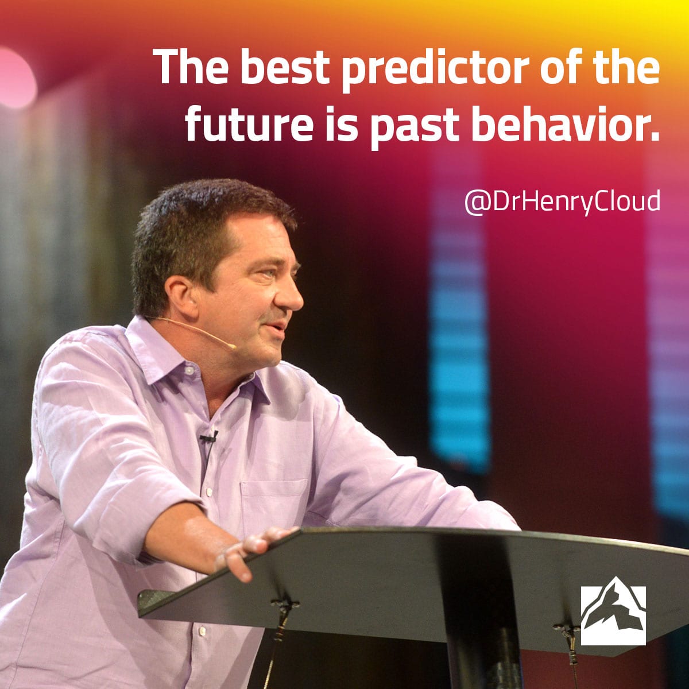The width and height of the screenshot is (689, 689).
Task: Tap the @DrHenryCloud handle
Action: [x=562, y=202]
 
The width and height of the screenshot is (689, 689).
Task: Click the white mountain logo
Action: [x=613, y=616]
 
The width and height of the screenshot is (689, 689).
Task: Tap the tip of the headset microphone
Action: [x=233, y=346]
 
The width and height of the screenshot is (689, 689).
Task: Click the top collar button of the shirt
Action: [x=189, y=370]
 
